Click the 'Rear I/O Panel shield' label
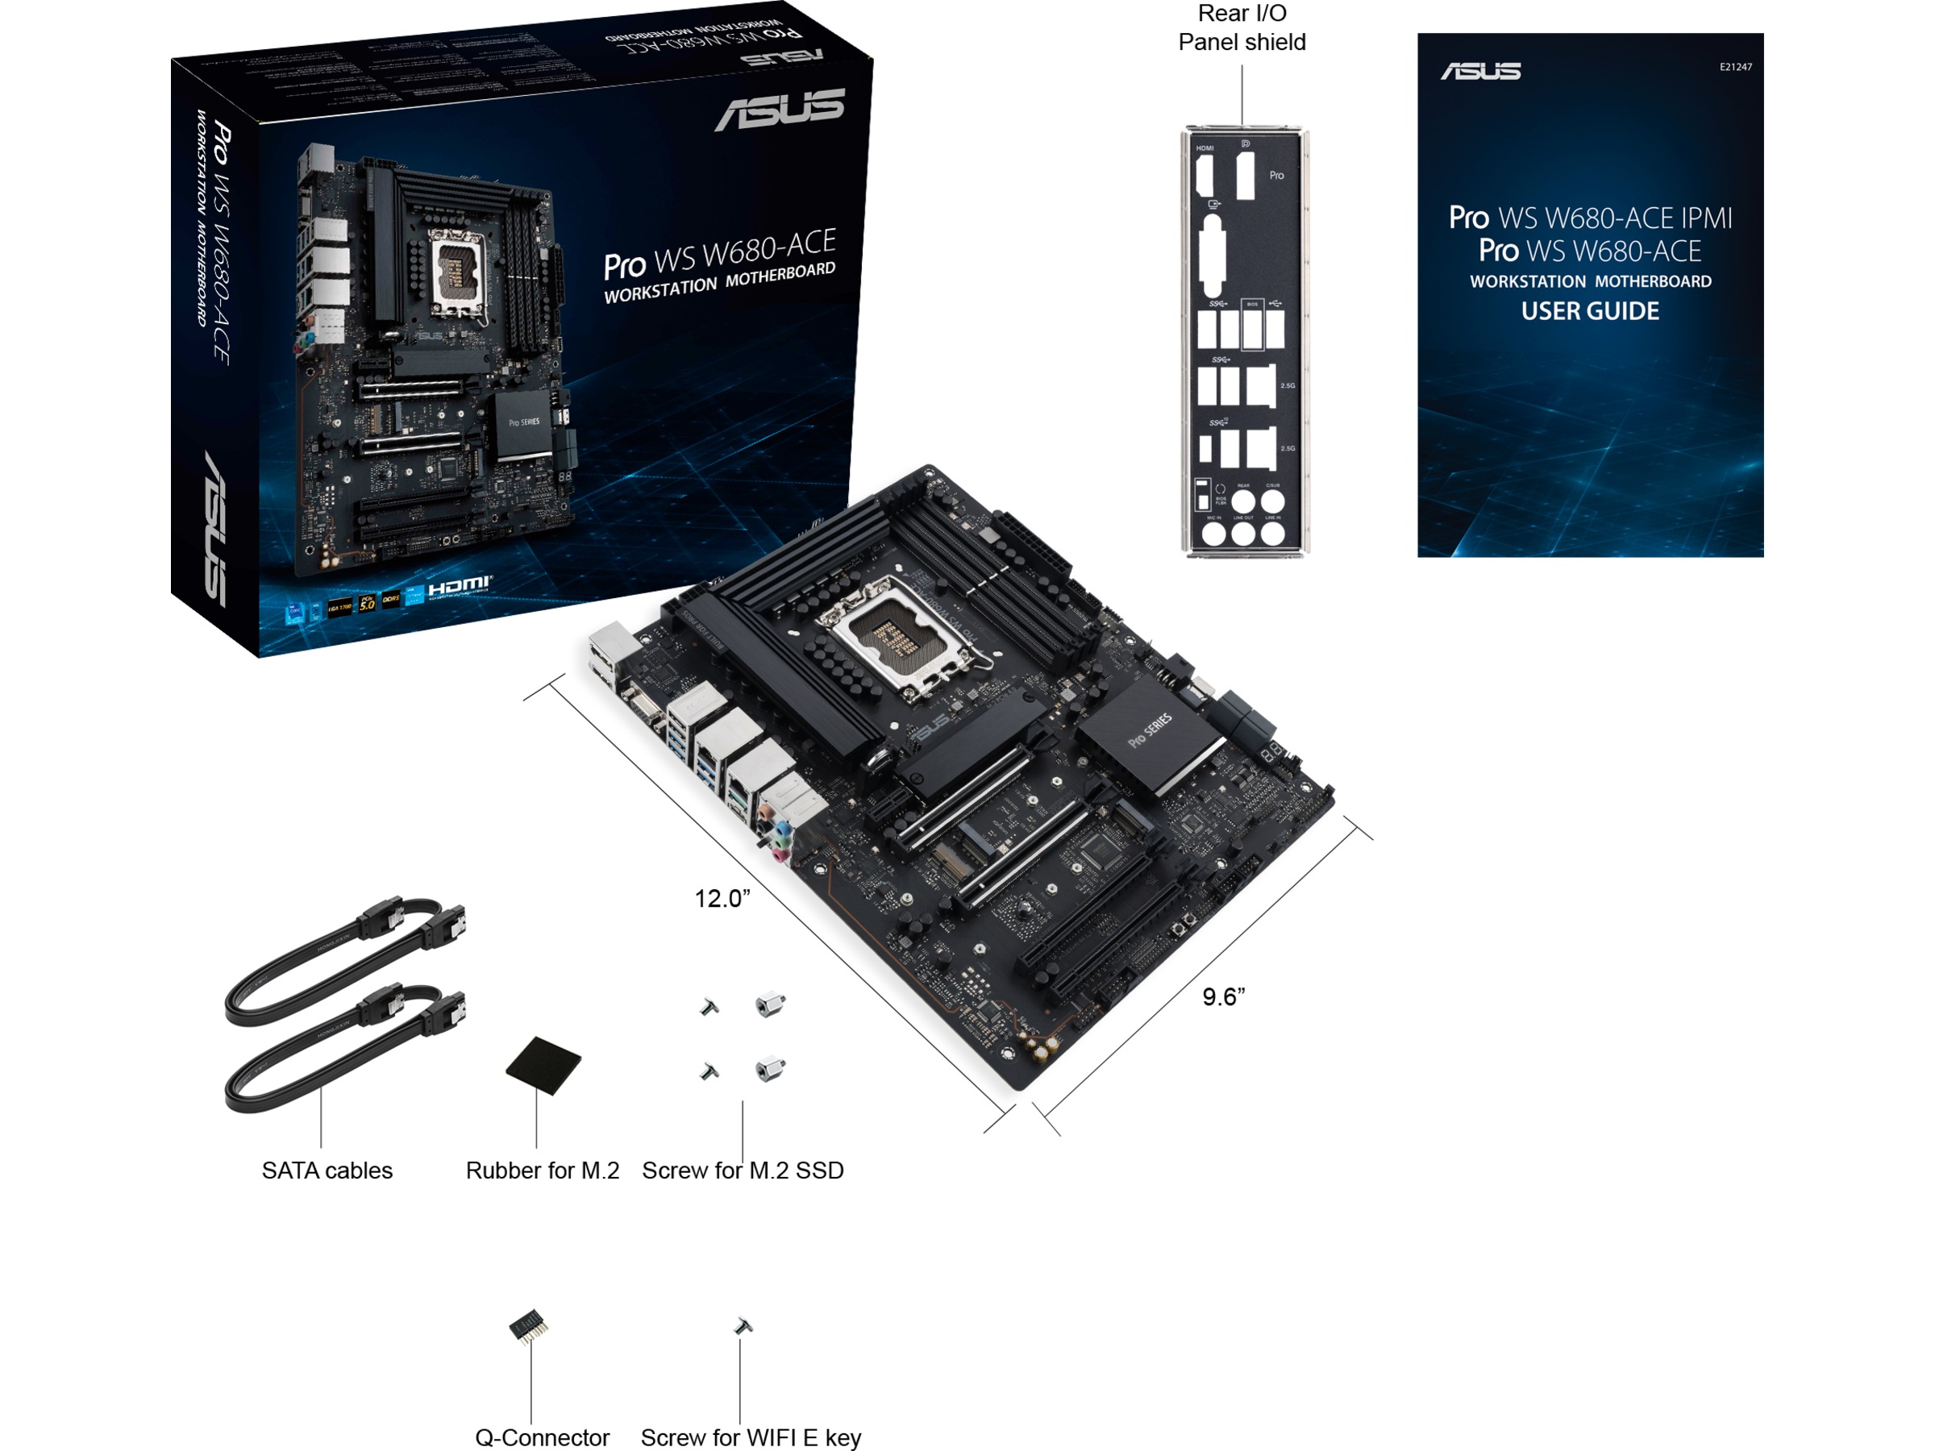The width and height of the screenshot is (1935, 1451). click(1242, 28)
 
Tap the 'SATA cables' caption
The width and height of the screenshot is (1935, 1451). click(327, 1170)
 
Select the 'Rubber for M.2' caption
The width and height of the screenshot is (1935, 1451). click(543, 1170)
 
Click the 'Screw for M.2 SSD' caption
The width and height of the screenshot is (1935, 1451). click(743, 1170)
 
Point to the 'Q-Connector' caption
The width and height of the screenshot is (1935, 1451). click(542, 1437)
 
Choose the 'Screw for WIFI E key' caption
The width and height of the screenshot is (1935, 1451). click(751, 1437)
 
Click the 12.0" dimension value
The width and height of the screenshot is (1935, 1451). click(722, 898)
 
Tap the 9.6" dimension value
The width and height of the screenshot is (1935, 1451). click(1223, 996)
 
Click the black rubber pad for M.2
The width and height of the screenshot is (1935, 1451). click(543, 1066)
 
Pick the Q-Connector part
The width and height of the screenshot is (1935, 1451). click(528, 1327)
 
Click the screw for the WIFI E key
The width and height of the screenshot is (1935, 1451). click(743, 1326)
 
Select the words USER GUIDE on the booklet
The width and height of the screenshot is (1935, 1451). click(1589, 311)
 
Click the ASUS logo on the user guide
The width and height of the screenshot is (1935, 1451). click(1480, 71)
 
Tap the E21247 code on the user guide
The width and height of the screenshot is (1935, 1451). click(1736, 66)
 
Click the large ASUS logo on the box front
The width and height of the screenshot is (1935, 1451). click(780, 110)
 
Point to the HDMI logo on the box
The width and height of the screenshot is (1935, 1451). click(460, 584)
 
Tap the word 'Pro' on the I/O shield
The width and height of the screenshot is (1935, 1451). click(1276, 175)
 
